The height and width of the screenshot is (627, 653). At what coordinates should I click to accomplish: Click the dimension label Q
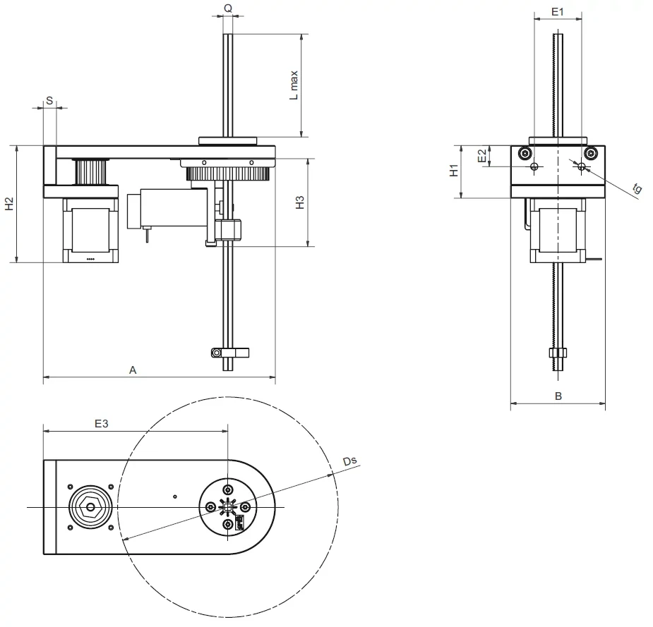[x=228, y=8]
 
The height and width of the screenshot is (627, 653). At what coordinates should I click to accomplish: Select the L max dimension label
[x=294, y=85]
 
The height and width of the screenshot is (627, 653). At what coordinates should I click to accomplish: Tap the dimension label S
[x=49, y=101]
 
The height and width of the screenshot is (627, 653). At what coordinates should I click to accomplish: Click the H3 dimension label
[x=300, y=202]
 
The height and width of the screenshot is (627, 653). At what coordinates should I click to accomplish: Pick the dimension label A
[x=132, y=370]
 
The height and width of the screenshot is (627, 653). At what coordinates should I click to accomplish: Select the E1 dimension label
[x=557, y=12]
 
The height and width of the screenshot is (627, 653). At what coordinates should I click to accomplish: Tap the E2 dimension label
[x=481, y=156]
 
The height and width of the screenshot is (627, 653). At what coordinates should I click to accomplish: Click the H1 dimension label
[x=455, y=170]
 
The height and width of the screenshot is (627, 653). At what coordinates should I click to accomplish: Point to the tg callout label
[x=637, y=188]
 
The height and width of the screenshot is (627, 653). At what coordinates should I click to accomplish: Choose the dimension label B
[x=558, y=396]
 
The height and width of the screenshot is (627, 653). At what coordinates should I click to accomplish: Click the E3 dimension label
[x=102, y=423]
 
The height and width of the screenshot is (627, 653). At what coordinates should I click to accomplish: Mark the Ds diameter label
[x=349, y=461]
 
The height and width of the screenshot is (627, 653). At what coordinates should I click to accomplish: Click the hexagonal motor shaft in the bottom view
[x=89, y=506]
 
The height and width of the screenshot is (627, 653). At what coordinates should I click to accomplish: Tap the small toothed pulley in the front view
[x=90, y=170]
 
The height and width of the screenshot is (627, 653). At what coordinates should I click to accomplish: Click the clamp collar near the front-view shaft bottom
[x=227, y=352]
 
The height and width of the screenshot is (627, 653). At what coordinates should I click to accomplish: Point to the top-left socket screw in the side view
[x=523, y=153]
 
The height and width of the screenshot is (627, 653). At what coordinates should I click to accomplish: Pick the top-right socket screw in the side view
[x=591, y=153]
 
